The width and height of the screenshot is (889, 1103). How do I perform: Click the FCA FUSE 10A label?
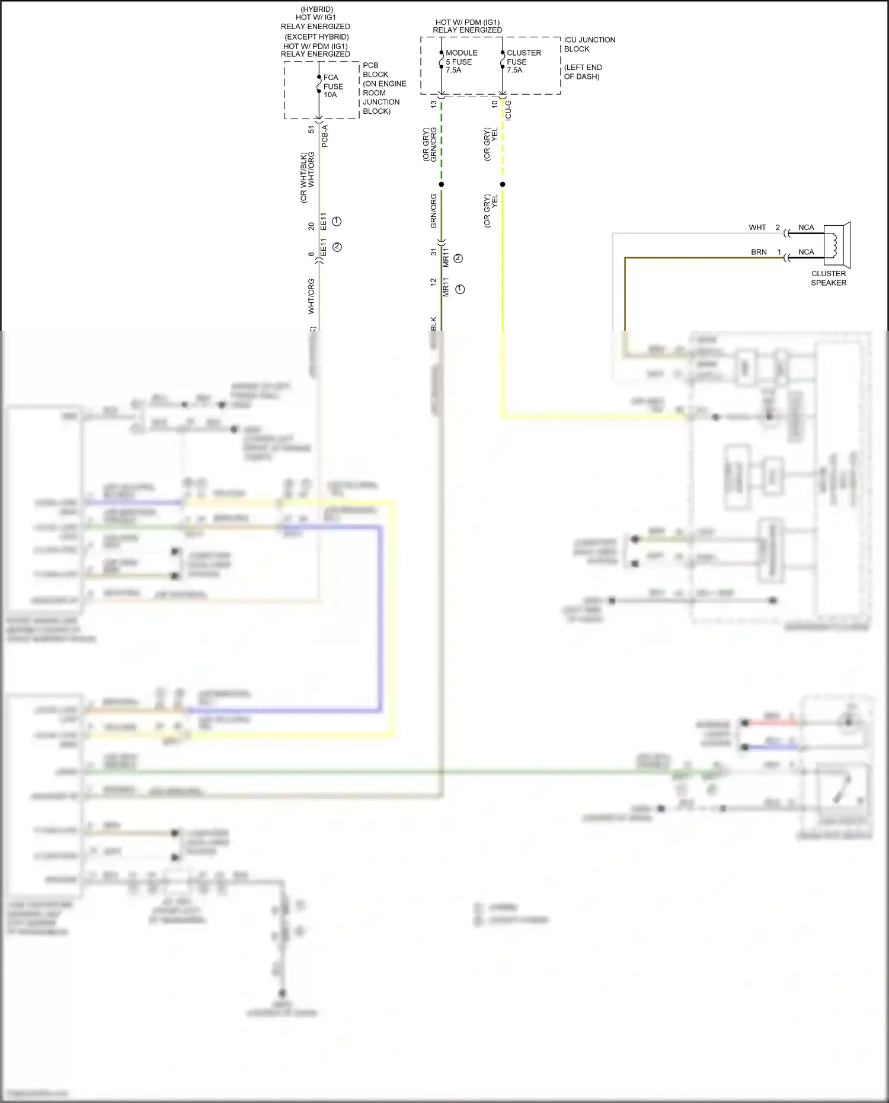[332, 86]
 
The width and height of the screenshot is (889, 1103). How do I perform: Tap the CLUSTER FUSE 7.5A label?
[523, 62]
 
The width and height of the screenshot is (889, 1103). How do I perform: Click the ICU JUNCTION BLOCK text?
[589, 44]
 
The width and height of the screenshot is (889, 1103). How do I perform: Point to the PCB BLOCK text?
[376, 70]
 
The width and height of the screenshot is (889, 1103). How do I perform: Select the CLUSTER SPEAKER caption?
[829, 278]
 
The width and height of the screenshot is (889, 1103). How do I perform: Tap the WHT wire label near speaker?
[757, 228]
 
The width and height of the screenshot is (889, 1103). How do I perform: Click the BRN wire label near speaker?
[759, 252]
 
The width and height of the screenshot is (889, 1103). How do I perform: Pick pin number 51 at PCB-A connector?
[312, 129]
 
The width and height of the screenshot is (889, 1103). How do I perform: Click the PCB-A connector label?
[325, 136]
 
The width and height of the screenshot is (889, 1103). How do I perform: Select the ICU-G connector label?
[509, 111]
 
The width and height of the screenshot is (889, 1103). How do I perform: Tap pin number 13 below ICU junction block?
[434, 104]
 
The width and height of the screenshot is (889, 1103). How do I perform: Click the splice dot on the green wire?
[442, 184]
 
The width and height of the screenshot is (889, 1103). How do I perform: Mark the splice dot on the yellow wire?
[503, 184]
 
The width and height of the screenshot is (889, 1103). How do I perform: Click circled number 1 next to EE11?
[337, 221]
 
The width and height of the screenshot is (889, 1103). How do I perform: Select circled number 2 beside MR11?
[458, 258]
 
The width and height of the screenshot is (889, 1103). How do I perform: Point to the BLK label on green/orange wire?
[434, 324]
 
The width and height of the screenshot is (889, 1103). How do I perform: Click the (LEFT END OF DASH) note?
[583, 72]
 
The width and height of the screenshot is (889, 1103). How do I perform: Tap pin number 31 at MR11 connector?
[434, 252]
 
